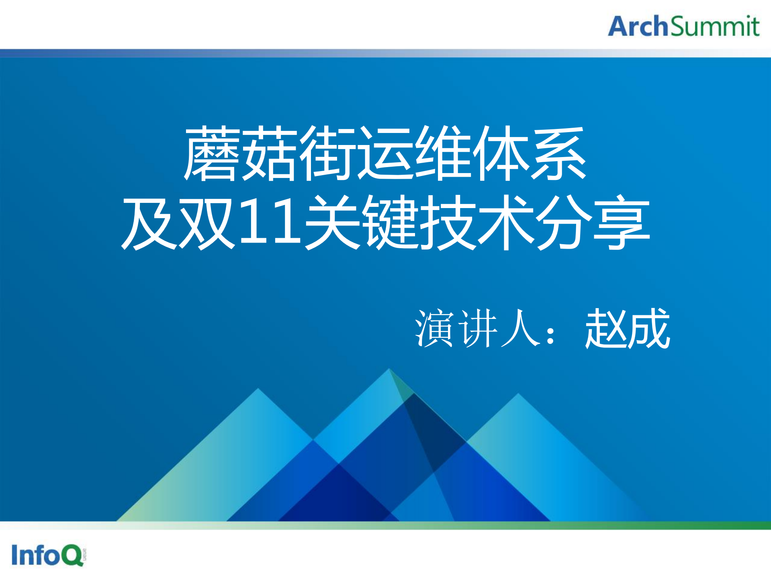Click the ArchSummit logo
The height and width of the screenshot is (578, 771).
coord(683,26)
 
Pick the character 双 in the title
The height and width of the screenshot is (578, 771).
coord(207,223)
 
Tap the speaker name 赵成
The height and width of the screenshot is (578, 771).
coord(628,329)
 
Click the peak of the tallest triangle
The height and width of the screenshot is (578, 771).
coord(389,369)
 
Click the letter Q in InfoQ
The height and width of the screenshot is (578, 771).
coord(72,556)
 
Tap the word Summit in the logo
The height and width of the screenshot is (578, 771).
coord(715,27)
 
